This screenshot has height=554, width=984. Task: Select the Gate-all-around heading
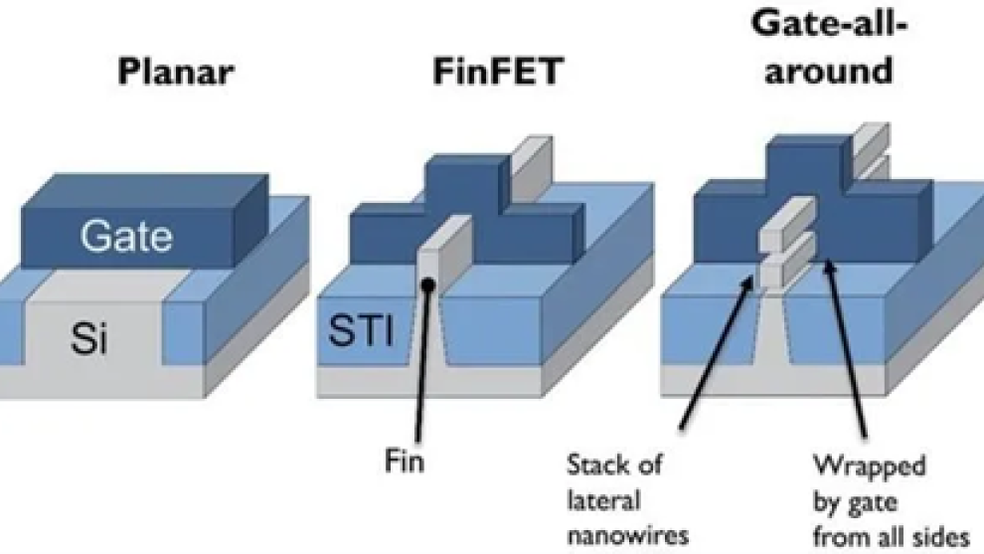[827, 50]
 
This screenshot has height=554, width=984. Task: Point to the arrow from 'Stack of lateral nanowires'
[714, 353]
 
